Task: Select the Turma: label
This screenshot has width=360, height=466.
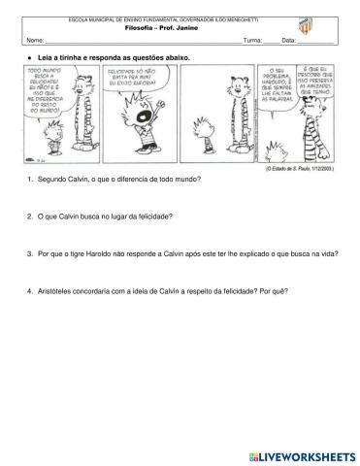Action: pos(252,40)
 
